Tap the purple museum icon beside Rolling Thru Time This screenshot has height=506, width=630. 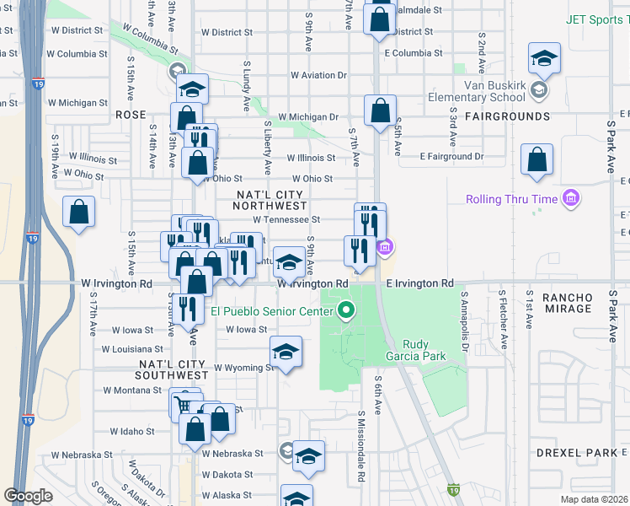coord(571,199)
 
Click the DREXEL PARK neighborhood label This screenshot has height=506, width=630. coord(577,453)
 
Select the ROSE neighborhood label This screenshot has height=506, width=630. coord(131,115)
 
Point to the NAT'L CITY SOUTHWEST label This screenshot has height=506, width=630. coord(174,369)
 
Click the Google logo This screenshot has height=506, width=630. coord(28,496)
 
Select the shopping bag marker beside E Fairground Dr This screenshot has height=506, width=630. coord(537,159)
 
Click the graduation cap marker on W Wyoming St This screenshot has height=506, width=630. coord(286,352)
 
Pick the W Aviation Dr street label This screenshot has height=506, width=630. coord(319,75)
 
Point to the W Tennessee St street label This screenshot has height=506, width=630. coord(287,219)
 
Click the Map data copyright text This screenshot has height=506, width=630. coord(593,499)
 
